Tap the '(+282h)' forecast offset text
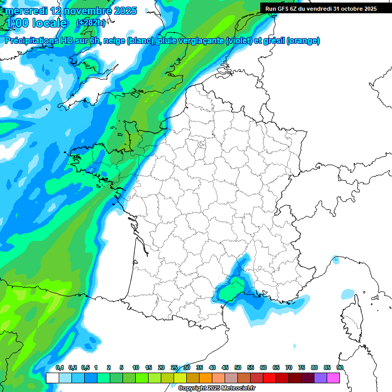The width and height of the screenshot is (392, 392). click(x=91, y=22)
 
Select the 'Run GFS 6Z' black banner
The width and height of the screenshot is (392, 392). click(x=321, y=8)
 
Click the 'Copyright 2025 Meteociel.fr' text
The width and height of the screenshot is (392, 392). click(x=217, y=388)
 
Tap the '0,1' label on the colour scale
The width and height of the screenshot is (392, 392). click(x=60, y=367)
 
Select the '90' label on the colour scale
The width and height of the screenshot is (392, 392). click(x=340, y=367)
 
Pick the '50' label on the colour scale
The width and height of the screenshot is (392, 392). click(x=238, y=367)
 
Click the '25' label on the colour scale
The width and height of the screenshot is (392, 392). click(x=174, y=367)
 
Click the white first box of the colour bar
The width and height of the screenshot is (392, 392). click(x=52, y=378)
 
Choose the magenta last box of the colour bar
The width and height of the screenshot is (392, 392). click(x=333, y=378)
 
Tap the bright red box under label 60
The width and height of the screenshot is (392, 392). click(x=269, y=378)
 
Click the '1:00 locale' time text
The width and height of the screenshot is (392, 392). click(x=37, y=23)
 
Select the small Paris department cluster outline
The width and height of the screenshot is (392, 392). click(x=201, y=145)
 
